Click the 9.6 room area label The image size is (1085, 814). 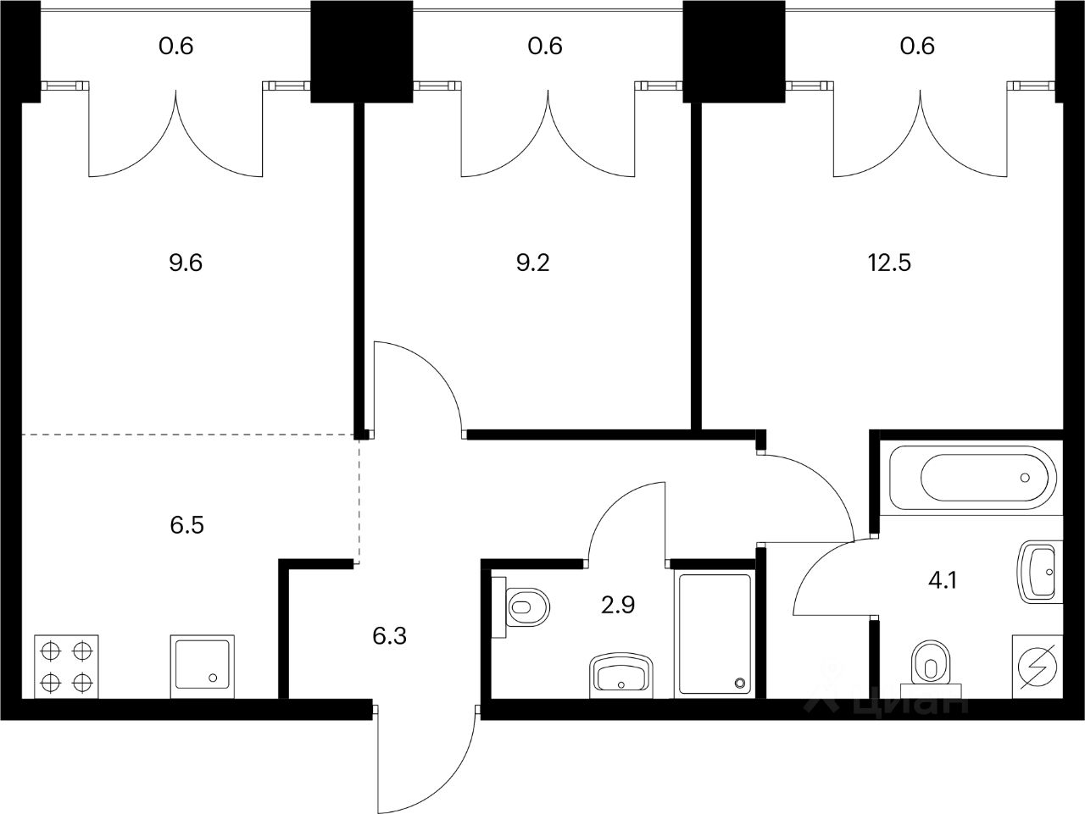click(x=186, y=263)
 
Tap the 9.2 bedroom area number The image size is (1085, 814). click(x=533, y=263)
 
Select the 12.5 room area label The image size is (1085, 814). click(x=889, y=263)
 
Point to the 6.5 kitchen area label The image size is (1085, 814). click(x=186, y=524)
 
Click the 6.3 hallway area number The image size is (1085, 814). click(x=390, y=636)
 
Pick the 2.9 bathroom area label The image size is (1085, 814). click(x=618, y=605)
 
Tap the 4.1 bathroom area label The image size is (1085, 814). click(x=943, y=580)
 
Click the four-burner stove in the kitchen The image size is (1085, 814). click(x=66, y=667)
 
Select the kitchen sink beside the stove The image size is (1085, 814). click(x=203, y=667)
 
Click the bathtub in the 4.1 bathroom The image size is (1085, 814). click(x=973, y=478)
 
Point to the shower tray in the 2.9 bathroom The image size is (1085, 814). click(x=715, y=634)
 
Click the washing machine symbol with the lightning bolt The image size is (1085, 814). click(x=1038, y=667)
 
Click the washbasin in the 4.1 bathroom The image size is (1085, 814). click(x=1040, y=572)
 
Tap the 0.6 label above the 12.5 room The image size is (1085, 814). click(x=917, y=46)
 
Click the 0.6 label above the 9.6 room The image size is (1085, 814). click(x=176, y=46)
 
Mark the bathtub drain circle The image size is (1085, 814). click(x=1025, y=478)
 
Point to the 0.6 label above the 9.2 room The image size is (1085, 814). click(x=545, y=46)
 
